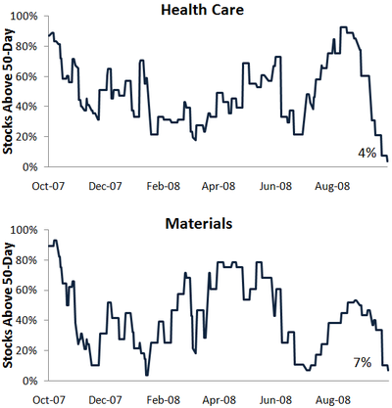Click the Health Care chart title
coord(202,10)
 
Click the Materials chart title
coord(199,223)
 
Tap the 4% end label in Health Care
coord(367,153)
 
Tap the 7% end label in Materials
coord(363,362)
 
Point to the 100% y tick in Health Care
coord(24,17)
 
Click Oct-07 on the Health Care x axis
coord(48,186)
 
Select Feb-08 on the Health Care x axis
coord(164,186)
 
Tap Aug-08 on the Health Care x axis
coord(332,186)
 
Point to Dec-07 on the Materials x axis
coord(105,399)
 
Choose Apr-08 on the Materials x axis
coord(219,399)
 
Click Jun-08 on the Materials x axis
coord(275,399)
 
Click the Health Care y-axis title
coord(8,91)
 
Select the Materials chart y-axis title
coord(8,305)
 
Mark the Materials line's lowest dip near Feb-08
coord(147,375)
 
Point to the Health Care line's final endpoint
coord(388,161)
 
